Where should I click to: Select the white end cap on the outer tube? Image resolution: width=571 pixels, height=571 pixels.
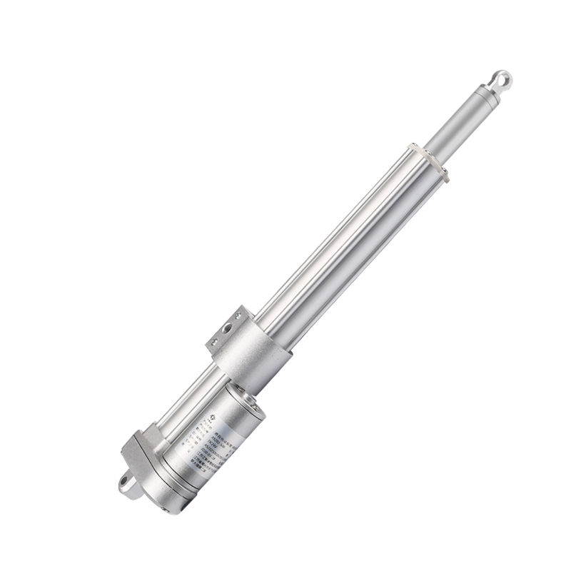pyautogui.click(x=428, y=161)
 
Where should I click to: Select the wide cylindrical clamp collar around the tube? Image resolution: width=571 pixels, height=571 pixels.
pyautogui.click(x=253, y=357)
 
